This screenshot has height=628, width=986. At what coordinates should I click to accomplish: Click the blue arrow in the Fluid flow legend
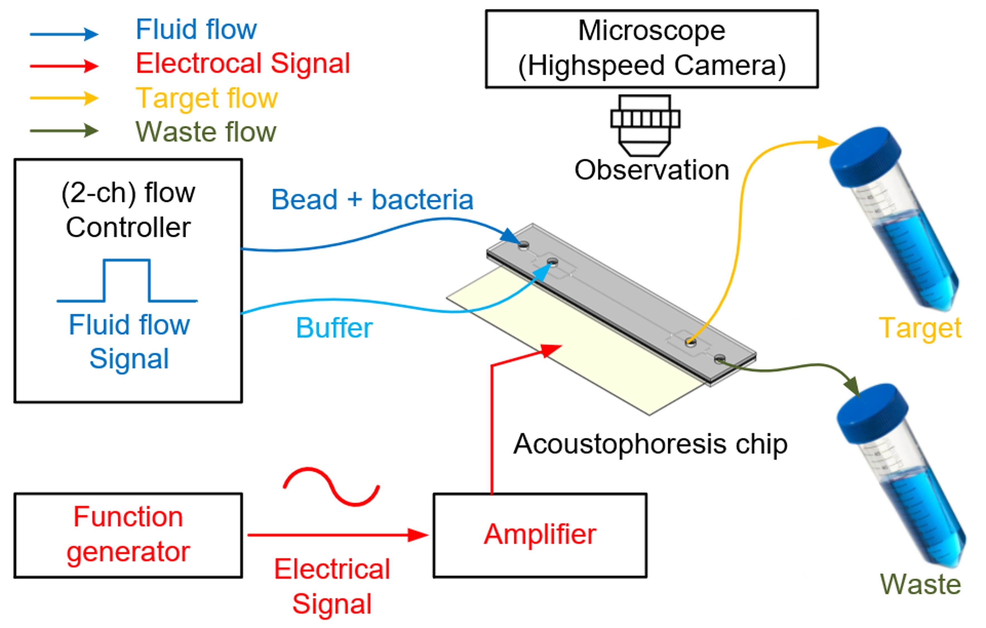[64, 34]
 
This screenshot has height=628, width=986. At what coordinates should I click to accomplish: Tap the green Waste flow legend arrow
[64, 131]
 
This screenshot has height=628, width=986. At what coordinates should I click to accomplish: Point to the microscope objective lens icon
[645, 125]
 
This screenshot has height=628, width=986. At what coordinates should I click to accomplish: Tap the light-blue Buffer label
[334, 328]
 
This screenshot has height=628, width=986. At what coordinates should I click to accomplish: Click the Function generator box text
[128, 534]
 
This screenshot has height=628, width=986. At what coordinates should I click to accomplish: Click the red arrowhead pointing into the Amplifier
[418, 535]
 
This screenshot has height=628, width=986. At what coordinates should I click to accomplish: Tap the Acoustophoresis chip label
[650, 445]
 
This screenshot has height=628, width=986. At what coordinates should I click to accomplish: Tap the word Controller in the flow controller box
[128, 228]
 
